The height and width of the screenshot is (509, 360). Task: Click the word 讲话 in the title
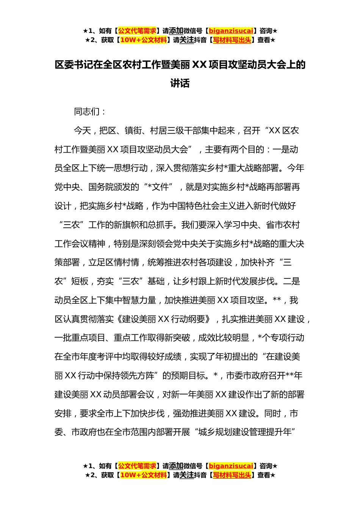pyautogui.click(x=180, y=83)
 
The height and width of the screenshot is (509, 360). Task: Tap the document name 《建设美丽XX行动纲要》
pyautogui.click(x=164, y=319)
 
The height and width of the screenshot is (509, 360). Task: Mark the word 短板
pyautogui.click(x=80, y=281)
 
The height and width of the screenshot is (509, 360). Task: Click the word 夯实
pyautogui.click(x=105, y=281)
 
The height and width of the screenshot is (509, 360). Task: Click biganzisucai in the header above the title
pyautogui.click(x=231, y=31)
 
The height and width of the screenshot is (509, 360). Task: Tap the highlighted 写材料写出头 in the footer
pyautogui.click(x=232, y=475)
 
